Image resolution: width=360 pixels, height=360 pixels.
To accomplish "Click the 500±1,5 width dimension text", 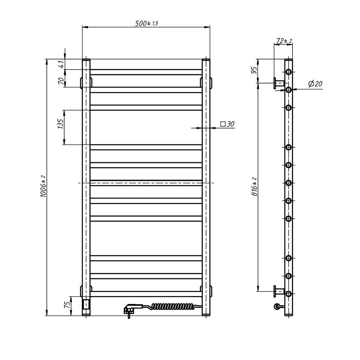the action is pyautogui.click(x=146, y=23).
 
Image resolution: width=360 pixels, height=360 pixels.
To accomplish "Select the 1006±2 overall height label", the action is pyautogui.click(x=43, y=186).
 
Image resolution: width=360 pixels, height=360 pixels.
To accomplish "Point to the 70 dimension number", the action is pyautogui.click(x=62, y=81).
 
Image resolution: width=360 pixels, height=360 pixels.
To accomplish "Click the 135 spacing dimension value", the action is pyautogui.click(x=61, y=124).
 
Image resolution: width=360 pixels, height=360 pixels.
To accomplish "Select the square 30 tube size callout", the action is pyautogui.click(x=227, y=124).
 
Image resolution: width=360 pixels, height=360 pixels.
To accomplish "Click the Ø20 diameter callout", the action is pyautogui.click(x=315, y=84).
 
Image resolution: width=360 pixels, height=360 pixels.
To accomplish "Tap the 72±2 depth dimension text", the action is pyautogui.click(x=284, y=41).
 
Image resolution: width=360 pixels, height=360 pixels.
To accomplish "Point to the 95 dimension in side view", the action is pyautogui.click(x=254, y=70).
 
